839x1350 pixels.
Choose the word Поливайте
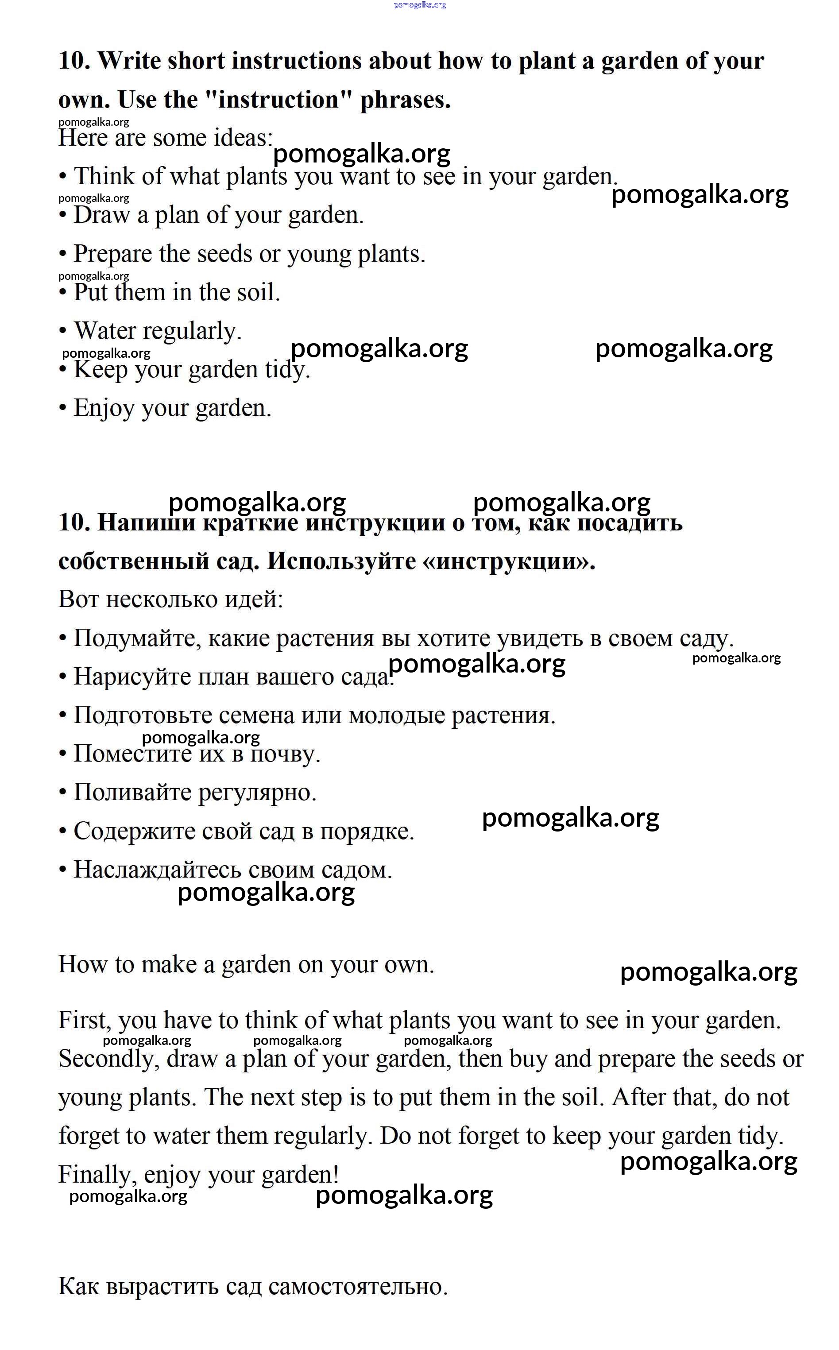pos(132,793)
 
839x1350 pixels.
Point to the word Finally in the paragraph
pos(97,1175)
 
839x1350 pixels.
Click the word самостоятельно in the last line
pos(357,1286)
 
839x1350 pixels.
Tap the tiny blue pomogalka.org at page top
pos(420,5)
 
